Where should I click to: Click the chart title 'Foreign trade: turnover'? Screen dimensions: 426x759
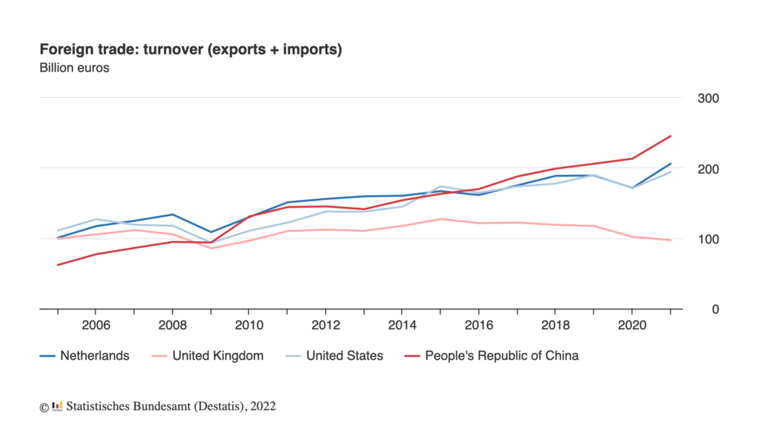[x=191, y=50]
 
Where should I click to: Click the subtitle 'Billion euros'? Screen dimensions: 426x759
[x=74, y=68]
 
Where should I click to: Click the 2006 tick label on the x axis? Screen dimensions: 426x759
[x=96, y=326]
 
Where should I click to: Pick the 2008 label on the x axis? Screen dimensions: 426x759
[x=172, y=326]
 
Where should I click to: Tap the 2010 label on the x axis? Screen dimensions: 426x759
[x=249, y=326]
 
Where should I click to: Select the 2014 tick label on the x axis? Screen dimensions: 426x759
[x=402, y=326]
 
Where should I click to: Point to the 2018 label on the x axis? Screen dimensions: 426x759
[x=556, y=326]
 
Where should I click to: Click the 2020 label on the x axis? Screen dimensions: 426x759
[x=632, y=326]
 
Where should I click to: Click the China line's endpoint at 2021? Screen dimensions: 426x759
[x=671, y=136]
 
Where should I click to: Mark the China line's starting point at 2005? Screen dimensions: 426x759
[x=58, y=265]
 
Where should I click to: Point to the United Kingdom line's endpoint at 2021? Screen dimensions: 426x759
[x=671, y=240]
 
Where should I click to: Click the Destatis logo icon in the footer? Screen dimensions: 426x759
[x=57, y=406]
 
